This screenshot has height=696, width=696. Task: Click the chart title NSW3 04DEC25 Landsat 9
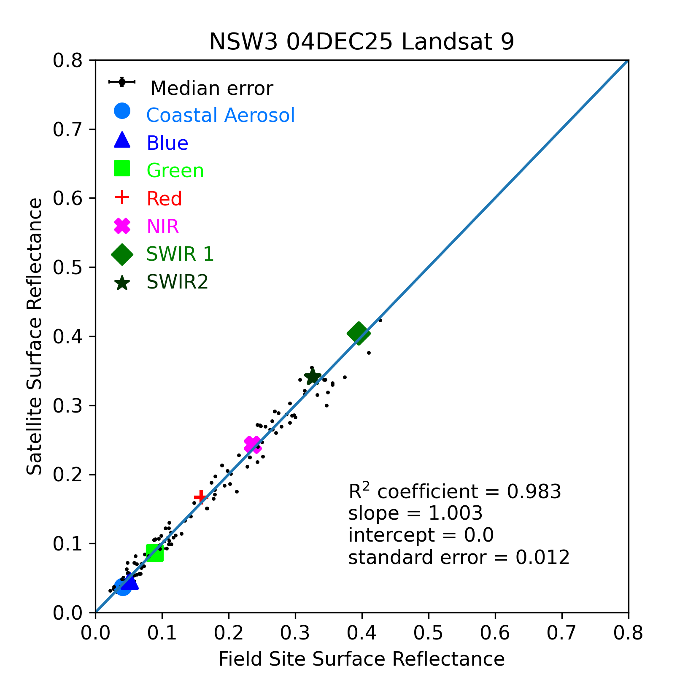pyautogui.click(x=361, y=42)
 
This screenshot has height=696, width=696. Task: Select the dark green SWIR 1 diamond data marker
pyautogui.click(x=359, y=333)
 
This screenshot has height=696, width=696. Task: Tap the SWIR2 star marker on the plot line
pyautogui.click(x=312, y=377)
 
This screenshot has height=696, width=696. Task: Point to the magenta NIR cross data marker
pyautogui.click(x=252, y=444)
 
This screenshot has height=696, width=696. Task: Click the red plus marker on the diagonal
pyautogui.click(x=201, y=497)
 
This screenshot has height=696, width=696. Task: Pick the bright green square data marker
pyautogui.click(x=155, y=553)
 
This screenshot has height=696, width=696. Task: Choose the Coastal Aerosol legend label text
pyautogui.click(x=220, y=115)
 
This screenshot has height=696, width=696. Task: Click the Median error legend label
pyautogui.click(x=211, y=89)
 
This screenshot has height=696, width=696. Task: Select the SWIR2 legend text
pyautogui.click(x=177, y=282)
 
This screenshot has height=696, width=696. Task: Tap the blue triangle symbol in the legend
pyautogui.click(x=122, y=140)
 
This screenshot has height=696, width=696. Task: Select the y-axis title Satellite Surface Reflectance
pyautogui.click(x=35, y=336)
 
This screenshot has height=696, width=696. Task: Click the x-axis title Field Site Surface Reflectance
pyautogui.click(x=361, y=659)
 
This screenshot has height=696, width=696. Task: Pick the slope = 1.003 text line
pyautogui.click(x=415, y=513)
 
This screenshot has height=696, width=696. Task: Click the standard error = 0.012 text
pyautogui.click(x=459, y=557)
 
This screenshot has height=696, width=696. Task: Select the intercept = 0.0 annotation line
pyautogui.click(x=421, y=535)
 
